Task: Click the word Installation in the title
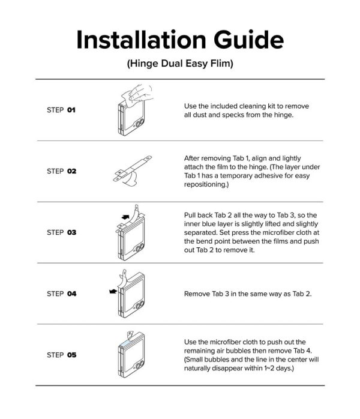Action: (141, 40)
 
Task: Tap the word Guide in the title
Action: (248, 40)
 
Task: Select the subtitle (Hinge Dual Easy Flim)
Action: (180, 64)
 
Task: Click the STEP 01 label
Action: (61, 110)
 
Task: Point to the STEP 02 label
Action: (61, 171)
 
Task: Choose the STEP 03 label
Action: (61, 232)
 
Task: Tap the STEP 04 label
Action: (61, 294)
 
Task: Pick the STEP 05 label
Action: (61, 355)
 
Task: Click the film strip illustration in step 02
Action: (132, 170)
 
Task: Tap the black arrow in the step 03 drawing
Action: (125, 217)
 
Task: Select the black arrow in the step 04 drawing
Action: (113, 291)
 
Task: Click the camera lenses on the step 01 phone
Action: (139, 123)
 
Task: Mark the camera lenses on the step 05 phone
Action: (139, 364)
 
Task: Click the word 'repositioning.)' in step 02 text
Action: (206, 185)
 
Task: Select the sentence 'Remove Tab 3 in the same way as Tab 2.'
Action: (248, 294)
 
